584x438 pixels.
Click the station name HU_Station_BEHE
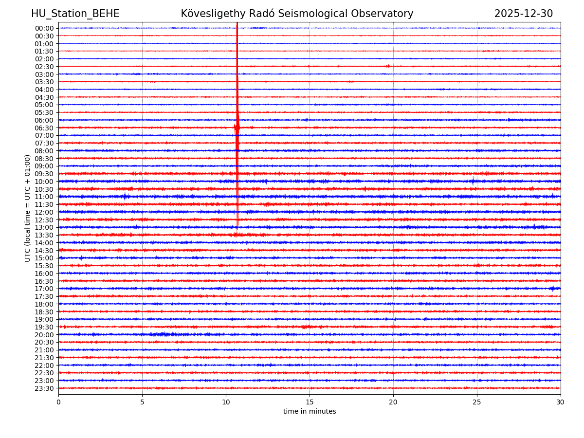75,14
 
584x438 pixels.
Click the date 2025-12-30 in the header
523,14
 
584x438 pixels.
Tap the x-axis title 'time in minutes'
310,412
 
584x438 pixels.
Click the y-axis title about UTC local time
28,208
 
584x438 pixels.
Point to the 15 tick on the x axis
310,402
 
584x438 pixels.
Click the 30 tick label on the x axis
560,402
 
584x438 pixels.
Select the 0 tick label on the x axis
58,402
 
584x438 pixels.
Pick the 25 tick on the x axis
477,402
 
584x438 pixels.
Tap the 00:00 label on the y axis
44,28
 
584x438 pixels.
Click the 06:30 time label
44,128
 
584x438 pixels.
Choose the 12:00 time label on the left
44,212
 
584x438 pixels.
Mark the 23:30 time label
44,388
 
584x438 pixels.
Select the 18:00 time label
44,304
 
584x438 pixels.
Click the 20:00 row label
44,335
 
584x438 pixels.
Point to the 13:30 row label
44,235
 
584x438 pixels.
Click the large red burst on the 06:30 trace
237,128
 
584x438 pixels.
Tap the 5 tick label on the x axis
142,402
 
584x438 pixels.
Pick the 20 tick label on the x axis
393,402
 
